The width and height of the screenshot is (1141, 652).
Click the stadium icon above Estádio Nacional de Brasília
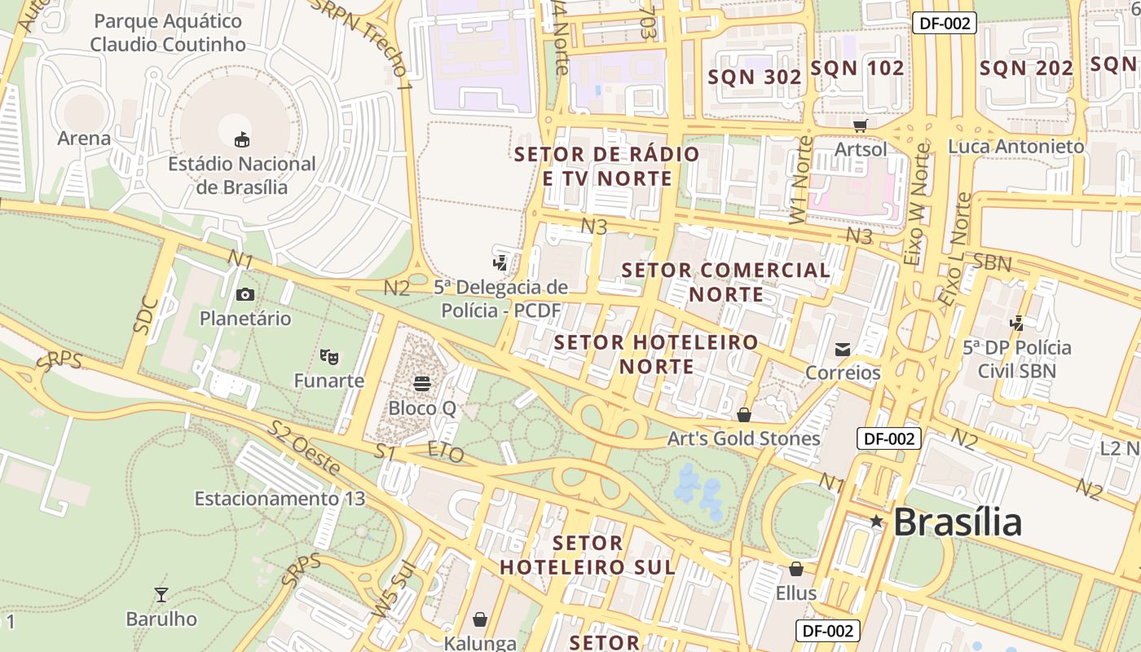(242, 139)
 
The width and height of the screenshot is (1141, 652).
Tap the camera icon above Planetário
(244, 294)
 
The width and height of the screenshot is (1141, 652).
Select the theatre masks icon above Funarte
(329, 356)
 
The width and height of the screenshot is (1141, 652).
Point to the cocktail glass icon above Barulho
(161, 594)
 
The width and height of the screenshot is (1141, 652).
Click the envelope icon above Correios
(843, 350)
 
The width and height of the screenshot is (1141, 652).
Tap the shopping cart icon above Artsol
(861, 126)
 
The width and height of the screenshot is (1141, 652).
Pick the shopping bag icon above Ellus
(795, 569)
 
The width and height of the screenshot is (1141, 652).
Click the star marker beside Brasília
(876, 522)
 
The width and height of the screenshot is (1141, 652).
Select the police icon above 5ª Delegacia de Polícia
(500, 262)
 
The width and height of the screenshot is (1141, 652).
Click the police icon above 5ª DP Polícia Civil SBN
(1016, 323)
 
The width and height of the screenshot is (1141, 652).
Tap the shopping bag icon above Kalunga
(480, 619)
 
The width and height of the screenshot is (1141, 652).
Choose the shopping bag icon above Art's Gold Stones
(743, 415)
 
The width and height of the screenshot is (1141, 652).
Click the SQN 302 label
(755, 77)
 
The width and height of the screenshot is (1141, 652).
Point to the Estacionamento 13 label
(280, 498)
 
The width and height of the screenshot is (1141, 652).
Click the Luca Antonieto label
(1016, 147)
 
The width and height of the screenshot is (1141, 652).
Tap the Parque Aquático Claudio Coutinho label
(168, 33)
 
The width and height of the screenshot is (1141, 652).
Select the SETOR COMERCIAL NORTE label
(725, 282)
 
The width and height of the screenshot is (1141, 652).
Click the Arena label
(84, 139)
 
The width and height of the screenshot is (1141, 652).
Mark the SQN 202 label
(1026, 68)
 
